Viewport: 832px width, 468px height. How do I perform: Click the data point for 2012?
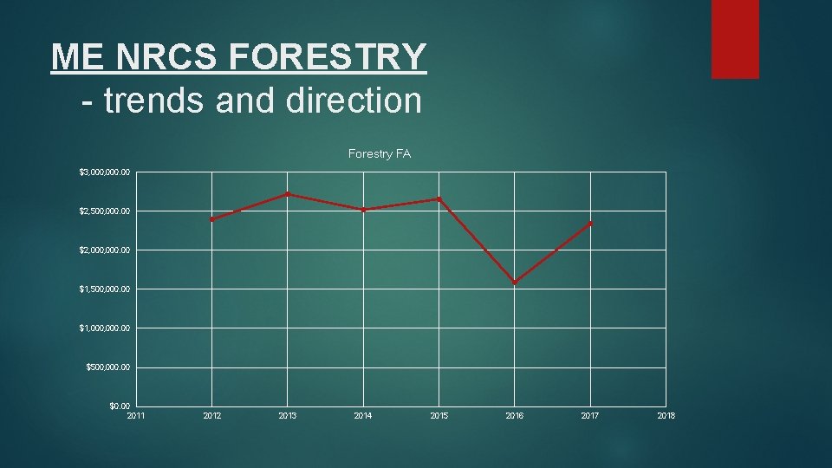pyautogui.click(x=212, y=219)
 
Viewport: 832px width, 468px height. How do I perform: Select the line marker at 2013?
pyautogui.click(x=288, y=194)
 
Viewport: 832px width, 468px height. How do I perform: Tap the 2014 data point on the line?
pyautogui.click(x=364, y=210)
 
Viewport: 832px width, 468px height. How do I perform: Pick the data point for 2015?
pyautogui.click(x=439, y=199)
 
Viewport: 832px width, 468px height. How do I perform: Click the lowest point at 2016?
pyautogui.click(x=515, y=283)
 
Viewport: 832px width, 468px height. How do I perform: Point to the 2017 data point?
pyautogui.click(x=590, y=224)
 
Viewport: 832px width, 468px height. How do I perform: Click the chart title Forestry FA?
pyautogui.click(x=379, y=154)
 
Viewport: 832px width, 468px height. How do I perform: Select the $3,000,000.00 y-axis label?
pyautogui.click(x=105, y=172)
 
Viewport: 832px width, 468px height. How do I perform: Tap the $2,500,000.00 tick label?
pyautogui.click(x=105, y=211)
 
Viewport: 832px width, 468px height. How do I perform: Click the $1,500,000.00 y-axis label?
pyautogui.click(x=105, y=289)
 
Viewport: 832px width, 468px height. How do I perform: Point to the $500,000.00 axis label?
pyautogui.click(x=108, y=367)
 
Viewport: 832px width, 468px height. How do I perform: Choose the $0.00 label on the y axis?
pyautogui.click(x=120, y=406)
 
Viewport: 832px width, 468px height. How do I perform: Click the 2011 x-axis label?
pyautogui.click(x=136, y=416)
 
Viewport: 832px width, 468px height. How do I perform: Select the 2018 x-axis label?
pyautogui.click(x=666, y=416)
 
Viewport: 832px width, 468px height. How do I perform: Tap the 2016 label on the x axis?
pyautogui.click(x=515, y=416)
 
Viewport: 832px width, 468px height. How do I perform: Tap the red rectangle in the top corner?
pyautogui.click(x=735, y=39)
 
